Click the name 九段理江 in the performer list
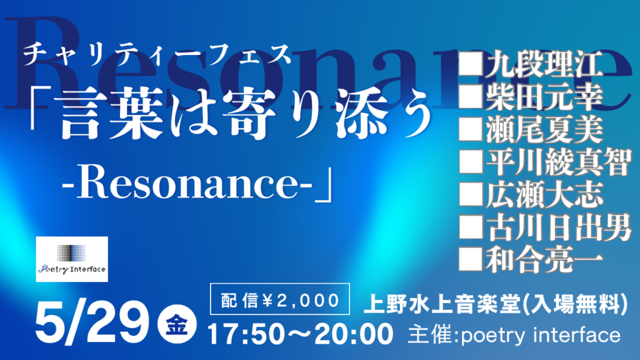click(544, 64)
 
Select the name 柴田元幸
click(544, 97)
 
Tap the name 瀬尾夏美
click(544, 130)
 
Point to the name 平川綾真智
click(558, 162)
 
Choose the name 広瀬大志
click(544, 195)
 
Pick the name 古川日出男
click(558, 227)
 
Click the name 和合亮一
click(544, 261)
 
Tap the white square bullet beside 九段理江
click(471, 64)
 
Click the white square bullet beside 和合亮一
click(471, 259)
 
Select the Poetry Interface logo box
click(72, 259)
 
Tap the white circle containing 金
click(177, 324)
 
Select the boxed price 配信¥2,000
click(280, 299)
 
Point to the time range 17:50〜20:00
click(301, 334)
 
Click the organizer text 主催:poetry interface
click(514, 335)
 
